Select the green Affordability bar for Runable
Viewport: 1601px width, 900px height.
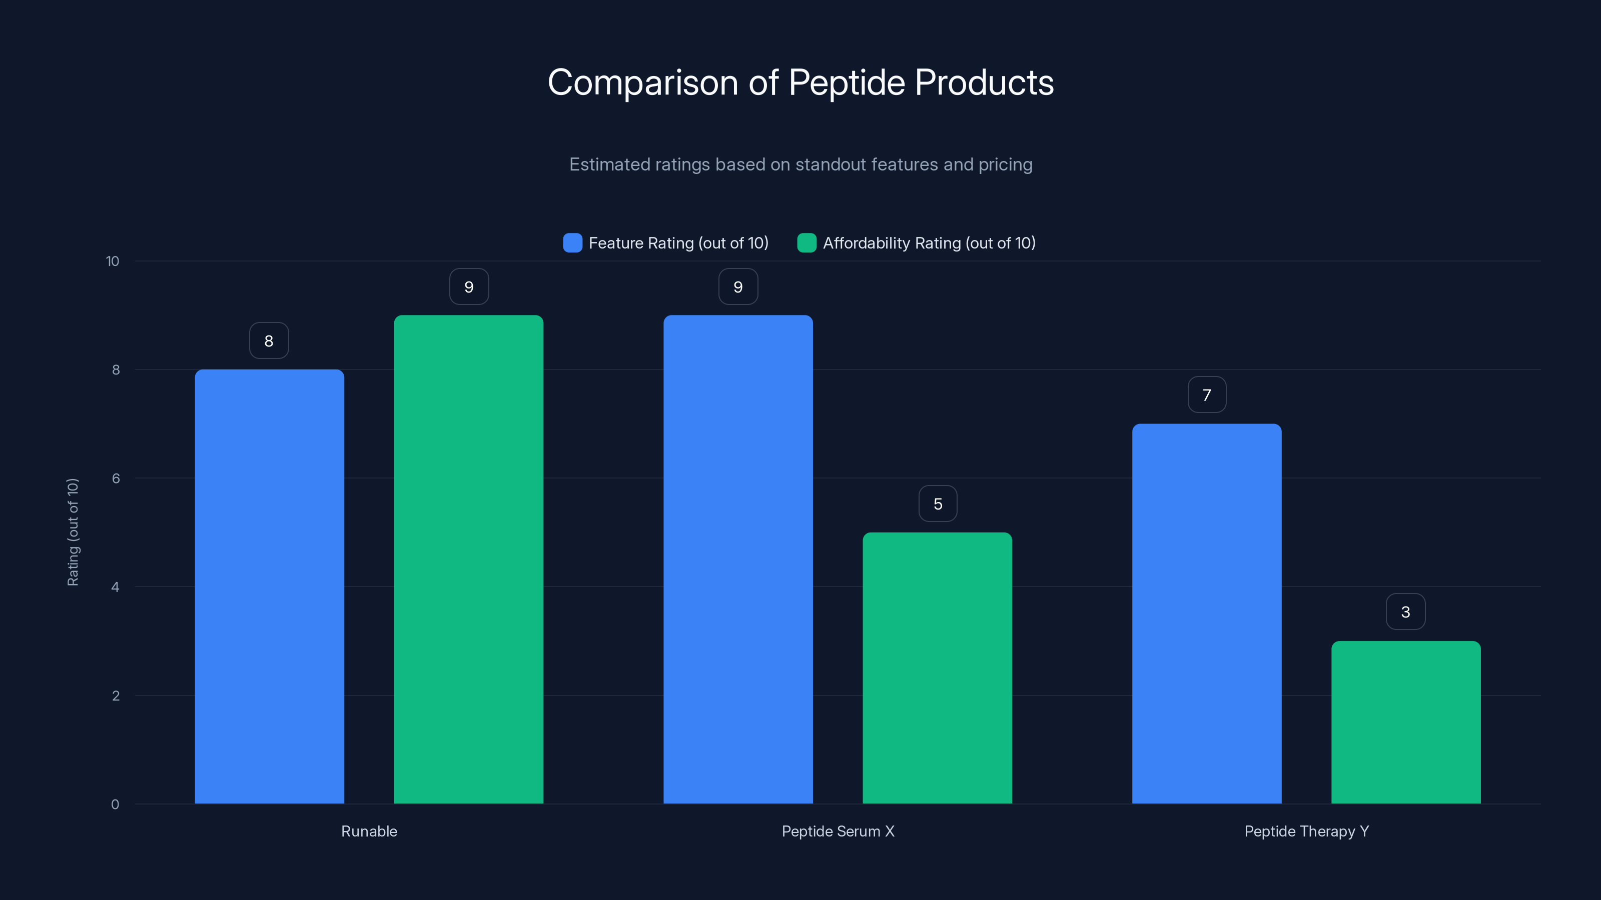469,559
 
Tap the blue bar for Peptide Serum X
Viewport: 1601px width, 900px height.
738,559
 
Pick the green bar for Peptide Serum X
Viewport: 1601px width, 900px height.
937,667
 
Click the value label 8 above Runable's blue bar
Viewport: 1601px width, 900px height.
269,340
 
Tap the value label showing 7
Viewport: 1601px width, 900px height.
1207,394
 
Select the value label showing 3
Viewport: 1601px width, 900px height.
1406,612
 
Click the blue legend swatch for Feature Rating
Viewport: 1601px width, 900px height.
572,243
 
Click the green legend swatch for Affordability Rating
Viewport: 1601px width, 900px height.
807,243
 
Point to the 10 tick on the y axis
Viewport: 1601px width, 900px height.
113,261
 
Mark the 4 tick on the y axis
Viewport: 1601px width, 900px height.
116,587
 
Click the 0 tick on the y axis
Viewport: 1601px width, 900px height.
116,804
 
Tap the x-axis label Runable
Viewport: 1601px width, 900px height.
369,831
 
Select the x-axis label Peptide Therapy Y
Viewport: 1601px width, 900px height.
1306,831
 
